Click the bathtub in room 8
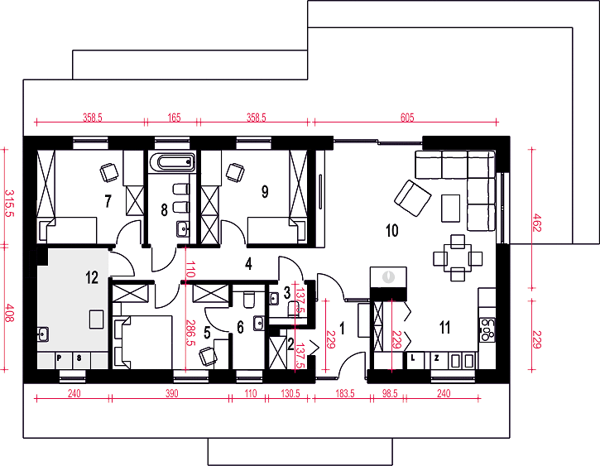coord(172,162)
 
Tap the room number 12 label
coord(92,277)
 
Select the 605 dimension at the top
coord(407,117)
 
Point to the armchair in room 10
coord(413,198)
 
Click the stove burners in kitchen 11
coord(487,329)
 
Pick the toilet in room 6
coord(249,300)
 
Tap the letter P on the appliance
coord(59,358)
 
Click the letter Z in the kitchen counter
coord(436,358)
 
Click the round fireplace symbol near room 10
coord(388,276)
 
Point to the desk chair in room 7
coord(109,172)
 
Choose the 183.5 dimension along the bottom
coord(345,393)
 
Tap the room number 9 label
coord(265,192)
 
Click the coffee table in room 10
coord(451,208)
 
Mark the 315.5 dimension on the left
coord(8,203)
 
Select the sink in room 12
coord(42,334)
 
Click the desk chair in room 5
coord(208,356)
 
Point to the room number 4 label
coord(249,263)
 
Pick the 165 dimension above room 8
coord(174,117)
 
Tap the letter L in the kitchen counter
coord(413,358)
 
